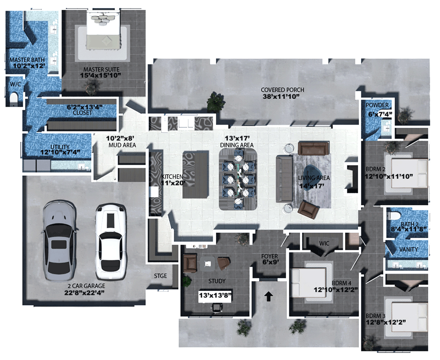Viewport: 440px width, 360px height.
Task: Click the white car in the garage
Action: pos(110,242)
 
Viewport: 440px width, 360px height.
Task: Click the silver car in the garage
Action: pos(59,240)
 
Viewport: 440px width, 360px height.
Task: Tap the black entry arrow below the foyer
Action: pos(269,296)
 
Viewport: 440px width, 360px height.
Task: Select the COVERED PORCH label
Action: pos(282,90)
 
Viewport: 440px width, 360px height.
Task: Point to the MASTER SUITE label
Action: pos(101,69)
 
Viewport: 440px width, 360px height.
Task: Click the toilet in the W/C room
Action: pos(13,99)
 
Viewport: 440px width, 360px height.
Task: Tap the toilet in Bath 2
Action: pos(394,216)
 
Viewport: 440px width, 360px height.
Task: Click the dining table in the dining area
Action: pos(238,179)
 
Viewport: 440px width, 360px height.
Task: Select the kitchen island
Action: pos(195,175)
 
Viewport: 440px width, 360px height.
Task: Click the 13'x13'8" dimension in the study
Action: pos(215,295)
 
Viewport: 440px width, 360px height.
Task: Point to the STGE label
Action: pos(160,276)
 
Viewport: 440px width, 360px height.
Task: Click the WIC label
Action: pos(324,243)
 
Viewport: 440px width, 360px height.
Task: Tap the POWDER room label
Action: pos(377,105)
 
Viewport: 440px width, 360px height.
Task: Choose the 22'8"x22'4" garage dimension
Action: pos(84,292)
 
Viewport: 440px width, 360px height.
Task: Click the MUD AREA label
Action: pos(122,145)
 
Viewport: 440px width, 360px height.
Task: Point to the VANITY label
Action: pos(409,249)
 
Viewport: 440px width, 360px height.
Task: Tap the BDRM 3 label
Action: pos(375,315)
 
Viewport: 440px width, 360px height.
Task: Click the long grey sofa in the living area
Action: pos(284,179)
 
